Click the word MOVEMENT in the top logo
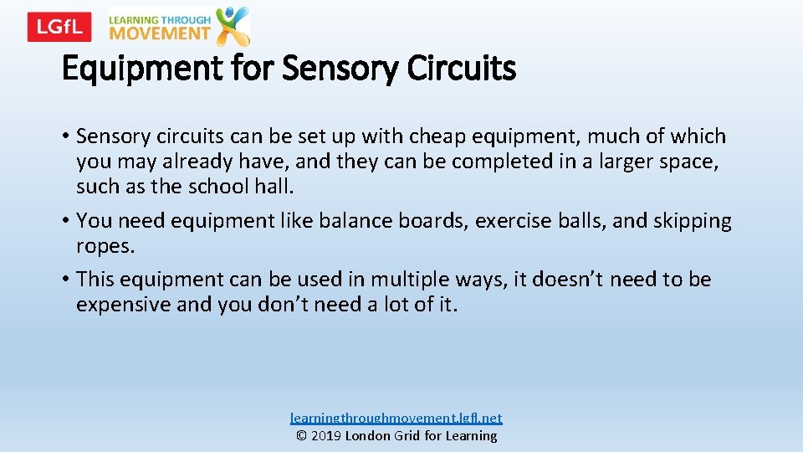(x=160, y=33)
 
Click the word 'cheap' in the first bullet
(x=421, y=136)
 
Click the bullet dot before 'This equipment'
(x=66, y=280)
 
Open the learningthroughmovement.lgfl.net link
(x=396, y=417)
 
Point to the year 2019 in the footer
(x=327, y=435)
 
